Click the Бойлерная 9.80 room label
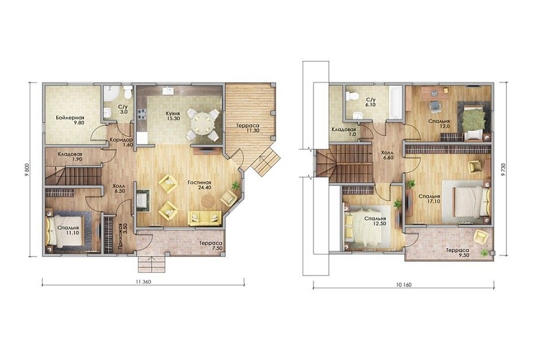point(70,120)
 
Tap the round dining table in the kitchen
point(201,123)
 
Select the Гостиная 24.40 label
point(200,185)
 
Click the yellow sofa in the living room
point(205,218)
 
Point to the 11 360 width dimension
point(143,281)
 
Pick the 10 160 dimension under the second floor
point(404,285)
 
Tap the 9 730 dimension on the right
point(503,170)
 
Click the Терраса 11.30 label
point(247,128)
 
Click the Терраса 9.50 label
point(458,253)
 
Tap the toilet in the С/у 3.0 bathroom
point(128,92)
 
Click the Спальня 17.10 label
point(429,199)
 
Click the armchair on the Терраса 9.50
point(480,237)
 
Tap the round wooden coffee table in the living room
point(207,201)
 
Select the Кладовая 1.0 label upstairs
point(344,132)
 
